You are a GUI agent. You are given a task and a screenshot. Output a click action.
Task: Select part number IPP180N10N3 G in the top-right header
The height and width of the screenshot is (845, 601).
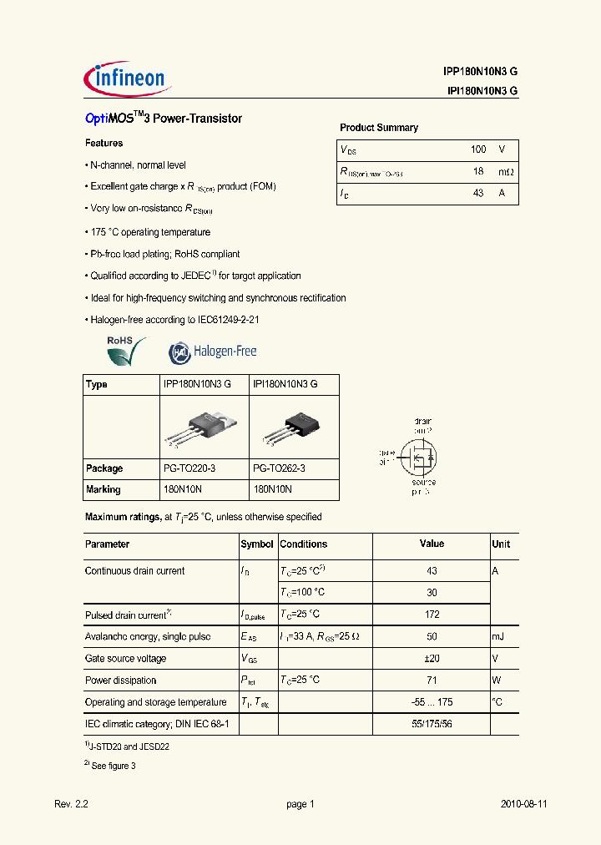[480, 72]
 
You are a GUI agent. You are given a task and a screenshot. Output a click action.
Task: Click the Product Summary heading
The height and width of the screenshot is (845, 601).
[378, 128]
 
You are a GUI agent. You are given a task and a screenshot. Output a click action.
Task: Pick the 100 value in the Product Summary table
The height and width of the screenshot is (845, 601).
[477, 149]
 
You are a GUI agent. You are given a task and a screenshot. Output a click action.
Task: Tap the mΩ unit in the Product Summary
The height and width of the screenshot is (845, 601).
[506, 171]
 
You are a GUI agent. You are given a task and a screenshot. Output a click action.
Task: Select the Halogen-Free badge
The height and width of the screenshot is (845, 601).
[213, 352]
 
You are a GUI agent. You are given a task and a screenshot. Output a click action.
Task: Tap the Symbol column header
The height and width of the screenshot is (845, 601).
[257, 544]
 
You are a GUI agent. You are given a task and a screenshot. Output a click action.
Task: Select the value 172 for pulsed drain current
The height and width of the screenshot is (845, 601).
[431, 615]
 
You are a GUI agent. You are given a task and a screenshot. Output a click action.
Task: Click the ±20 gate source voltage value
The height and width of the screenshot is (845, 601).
[431, 659]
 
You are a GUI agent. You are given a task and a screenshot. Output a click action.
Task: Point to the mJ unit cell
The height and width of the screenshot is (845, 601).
[499, 637]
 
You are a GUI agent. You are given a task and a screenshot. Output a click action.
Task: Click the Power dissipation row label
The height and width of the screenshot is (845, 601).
[120, 681]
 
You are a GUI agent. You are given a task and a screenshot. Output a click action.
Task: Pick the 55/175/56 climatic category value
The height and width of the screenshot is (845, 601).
[431, 724]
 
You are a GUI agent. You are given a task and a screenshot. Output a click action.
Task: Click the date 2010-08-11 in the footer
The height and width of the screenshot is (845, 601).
[523, 804]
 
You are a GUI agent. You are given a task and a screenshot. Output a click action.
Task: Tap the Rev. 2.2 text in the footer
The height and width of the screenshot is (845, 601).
[71, 804]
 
